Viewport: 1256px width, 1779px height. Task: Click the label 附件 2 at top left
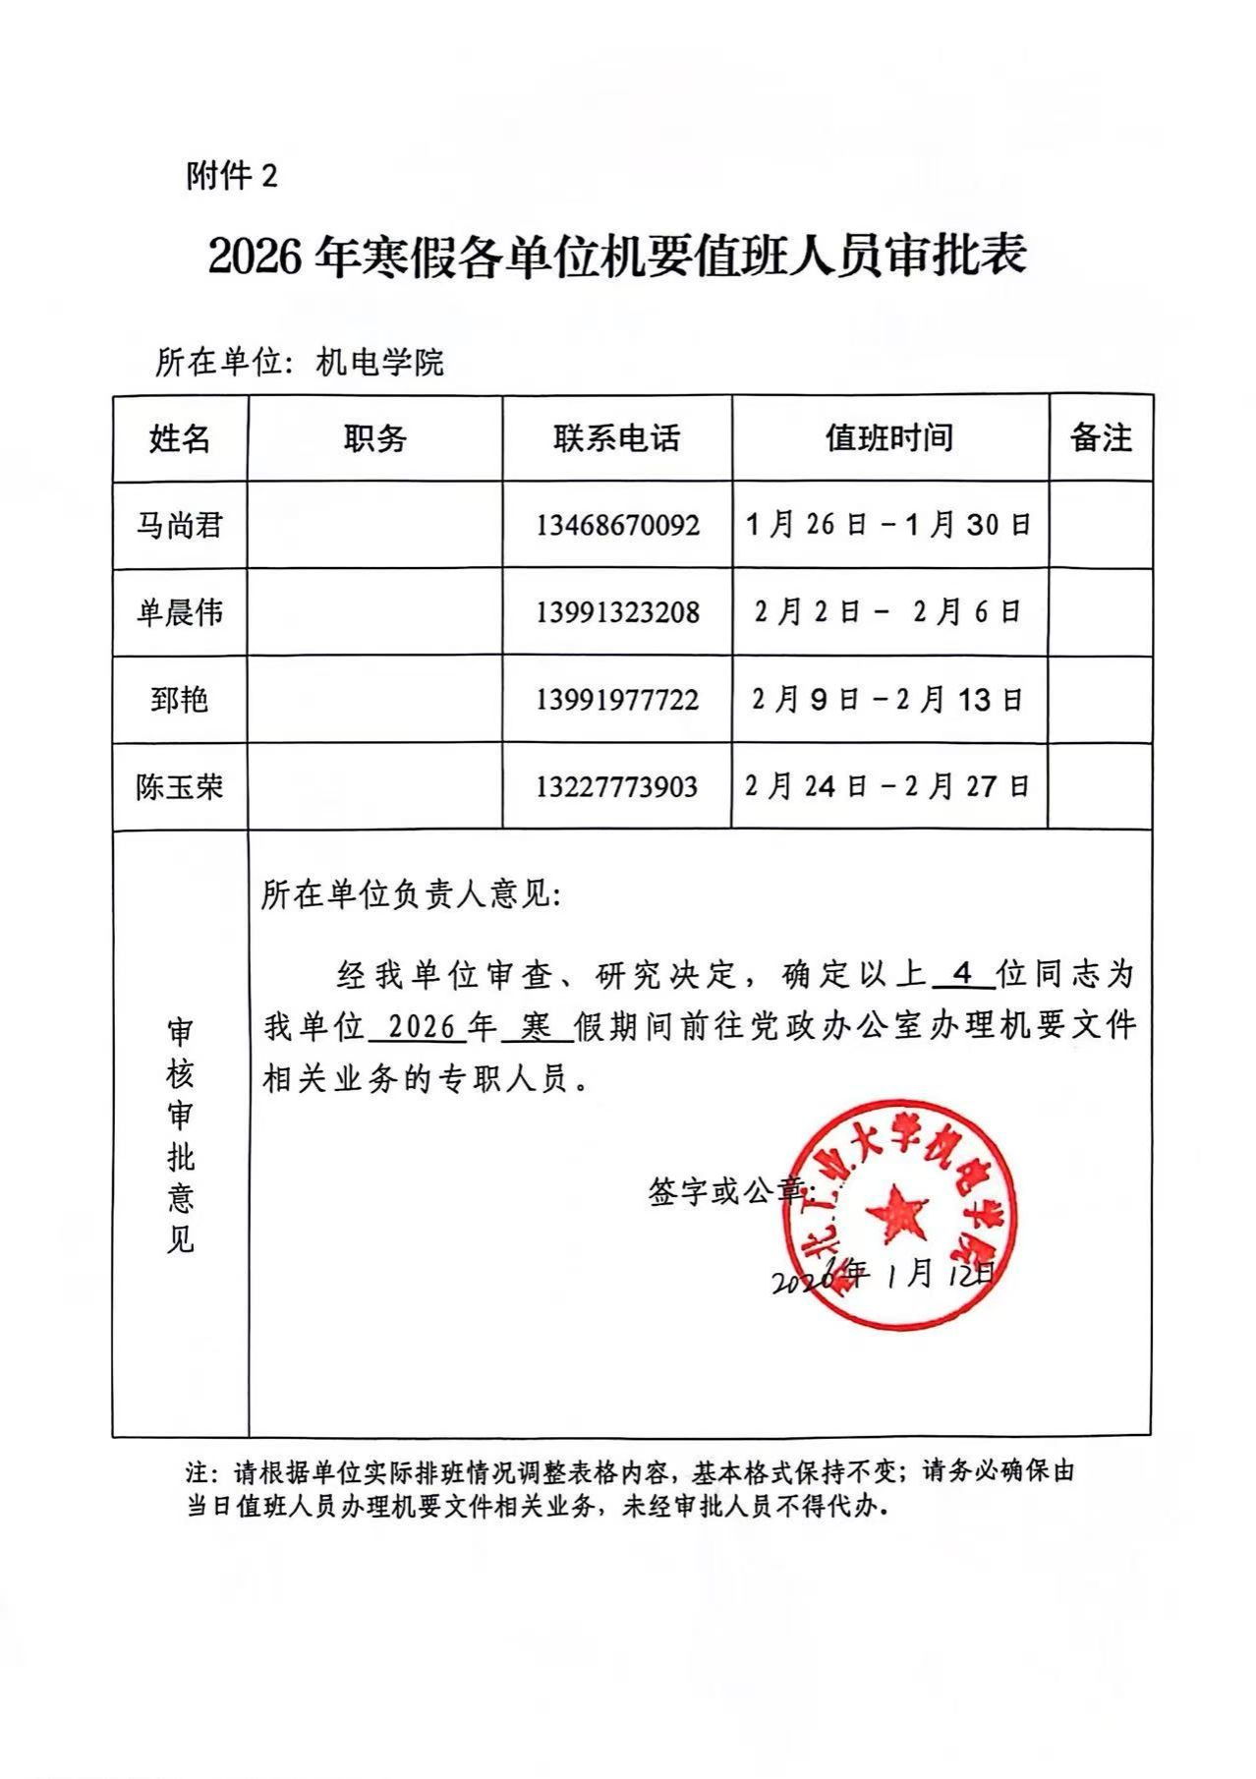[x=232, y=176]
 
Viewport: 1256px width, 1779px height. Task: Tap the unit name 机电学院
[x=379, y=363]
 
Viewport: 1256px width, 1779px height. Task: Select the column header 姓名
[x=180, y=438]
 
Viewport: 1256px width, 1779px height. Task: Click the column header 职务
[x=374, y=438]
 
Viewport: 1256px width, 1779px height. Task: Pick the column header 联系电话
[x=616, y=438]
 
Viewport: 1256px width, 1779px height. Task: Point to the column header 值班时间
[x=889, y=437]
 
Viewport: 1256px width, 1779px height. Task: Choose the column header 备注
[x=1101, y=437]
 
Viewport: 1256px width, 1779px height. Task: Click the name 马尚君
[x=179, y=526]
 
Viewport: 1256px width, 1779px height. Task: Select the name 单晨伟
[x=179, y=613]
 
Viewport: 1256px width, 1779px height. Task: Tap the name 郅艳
[x=179, y=701]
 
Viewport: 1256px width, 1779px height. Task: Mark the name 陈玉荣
[x=179, y=787]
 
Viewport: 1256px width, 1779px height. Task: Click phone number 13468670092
[x=617, y=526]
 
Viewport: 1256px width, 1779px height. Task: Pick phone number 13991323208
[x=617, y=613]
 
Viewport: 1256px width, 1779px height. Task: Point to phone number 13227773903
[x=617, y=787]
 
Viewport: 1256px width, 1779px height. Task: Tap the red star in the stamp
[x=896, y=1215]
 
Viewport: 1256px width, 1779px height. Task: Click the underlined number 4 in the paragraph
[x=963, y=974]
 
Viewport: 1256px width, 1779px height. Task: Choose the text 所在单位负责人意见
[x=409, y=896]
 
